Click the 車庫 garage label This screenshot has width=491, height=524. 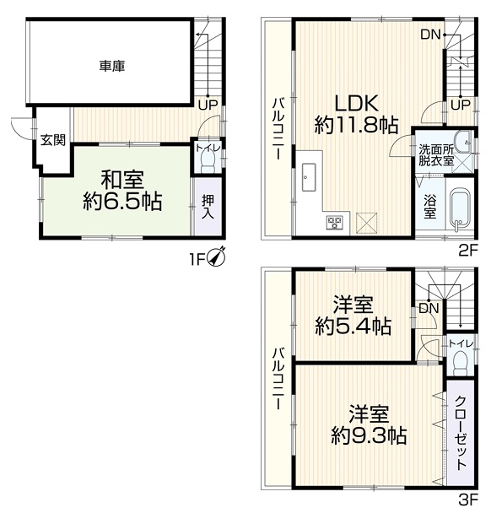tap(112, 66)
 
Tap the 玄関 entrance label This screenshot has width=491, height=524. tap(53, 140)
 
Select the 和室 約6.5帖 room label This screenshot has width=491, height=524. tap(122, 191)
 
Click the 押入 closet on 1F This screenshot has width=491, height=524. tap(208, 207)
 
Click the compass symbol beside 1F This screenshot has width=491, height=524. tap(217, 257)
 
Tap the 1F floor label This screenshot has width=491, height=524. tap(197, 259)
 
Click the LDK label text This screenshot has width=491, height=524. tap(356, 103)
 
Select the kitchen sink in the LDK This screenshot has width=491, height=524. tap(309, 177)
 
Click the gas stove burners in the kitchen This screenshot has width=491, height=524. tap(335, 223)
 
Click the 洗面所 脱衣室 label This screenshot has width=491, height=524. tap(436, 155)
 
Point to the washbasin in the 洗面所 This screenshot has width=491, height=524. tap(463, 142)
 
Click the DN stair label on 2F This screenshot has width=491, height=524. tap(430, 34)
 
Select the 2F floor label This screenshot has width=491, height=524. tap(468, 250)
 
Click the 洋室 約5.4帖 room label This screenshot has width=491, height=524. tap(353, 316)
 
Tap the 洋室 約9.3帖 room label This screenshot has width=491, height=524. tap(369, 424)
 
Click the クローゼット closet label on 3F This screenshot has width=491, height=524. tap(461, 433)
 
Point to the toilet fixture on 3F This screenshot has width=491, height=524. tap(461, 364)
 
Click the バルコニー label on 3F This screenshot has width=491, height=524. tap(278, 379)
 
